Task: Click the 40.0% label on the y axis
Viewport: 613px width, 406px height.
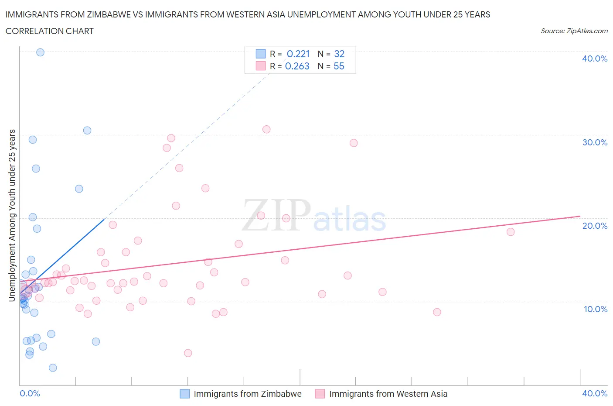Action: (594, 58)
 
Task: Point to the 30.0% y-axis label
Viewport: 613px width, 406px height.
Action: (594, 142)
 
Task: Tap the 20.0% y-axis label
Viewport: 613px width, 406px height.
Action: (594, 226)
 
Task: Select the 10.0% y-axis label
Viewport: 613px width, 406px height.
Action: (595, 309)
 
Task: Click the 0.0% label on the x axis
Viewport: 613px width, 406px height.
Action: (30, 393)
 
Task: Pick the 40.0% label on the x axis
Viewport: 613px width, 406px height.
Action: (594, 393)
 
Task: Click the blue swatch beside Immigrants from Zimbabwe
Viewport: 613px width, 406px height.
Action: (185, 394)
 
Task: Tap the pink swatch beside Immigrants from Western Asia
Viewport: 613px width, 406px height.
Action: (320, 394)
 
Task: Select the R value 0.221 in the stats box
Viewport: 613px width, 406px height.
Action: (298, 54)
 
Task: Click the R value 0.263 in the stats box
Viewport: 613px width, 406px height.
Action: (297, 66)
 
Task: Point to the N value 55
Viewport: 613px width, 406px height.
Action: (339, 66)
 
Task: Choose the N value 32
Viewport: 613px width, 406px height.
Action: (339, 54)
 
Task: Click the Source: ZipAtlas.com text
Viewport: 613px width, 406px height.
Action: (574, 31)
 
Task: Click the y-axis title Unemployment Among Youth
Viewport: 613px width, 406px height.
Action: (12, 215)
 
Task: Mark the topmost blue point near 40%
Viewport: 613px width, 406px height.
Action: (40, 52)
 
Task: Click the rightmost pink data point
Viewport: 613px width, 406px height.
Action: (511, 232)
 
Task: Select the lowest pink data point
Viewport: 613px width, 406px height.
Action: (188, 353)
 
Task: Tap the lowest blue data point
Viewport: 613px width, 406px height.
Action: (53, 368)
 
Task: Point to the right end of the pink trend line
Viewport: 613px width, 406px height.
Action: (580, 216)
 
